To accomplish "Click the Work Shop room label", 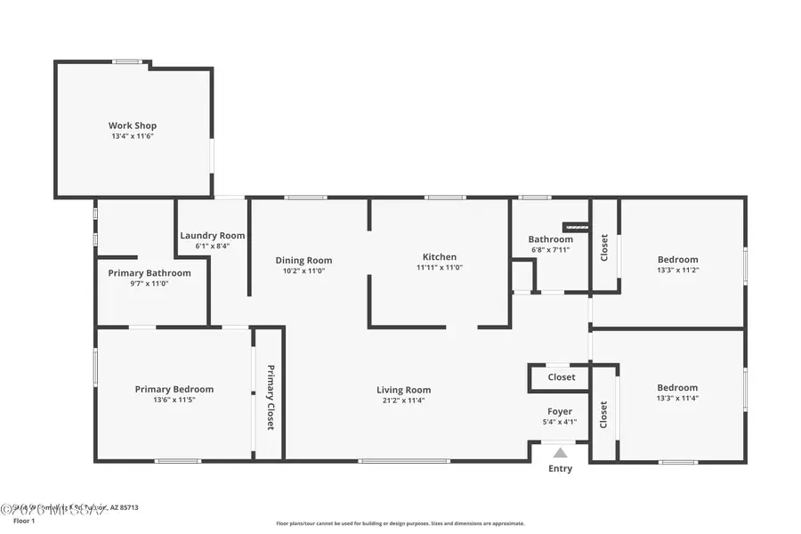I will [133, 125].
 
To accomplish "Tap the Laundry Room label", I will [212, 236].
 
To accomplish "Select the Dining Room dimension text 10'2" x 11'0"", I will [303, 271].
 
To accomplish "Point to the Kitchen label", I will [439, 257].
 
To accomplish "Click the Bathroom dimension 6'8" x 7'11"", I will [550, 249].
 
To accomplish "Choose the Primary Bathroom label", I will [150, 273].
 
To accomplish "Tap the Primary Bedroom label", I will [174, 389].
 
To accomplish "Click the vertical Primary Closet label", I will [270, 397].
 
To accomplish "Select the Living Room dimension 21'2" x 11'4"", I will [403, 400].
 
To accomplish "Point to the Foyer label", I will [560, 411].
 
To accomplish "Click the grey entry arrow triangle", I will [560, 453].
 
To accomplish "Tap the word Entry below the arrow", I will [560, 469].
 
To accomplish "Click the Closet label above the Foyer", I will [561, 377].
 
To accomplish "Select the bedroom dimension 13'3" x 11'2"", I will [677, 270].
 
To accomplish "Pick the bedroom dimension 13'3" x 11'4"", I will [677, 398].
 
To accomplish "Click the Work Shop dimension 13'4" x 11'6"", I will [133, 136].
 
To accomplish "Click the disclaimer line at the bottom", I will [400, 523].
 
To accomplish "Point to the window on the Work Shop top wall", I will [127, 61].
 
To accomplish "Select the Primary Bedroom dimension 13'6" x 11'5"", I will [174, 400].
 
